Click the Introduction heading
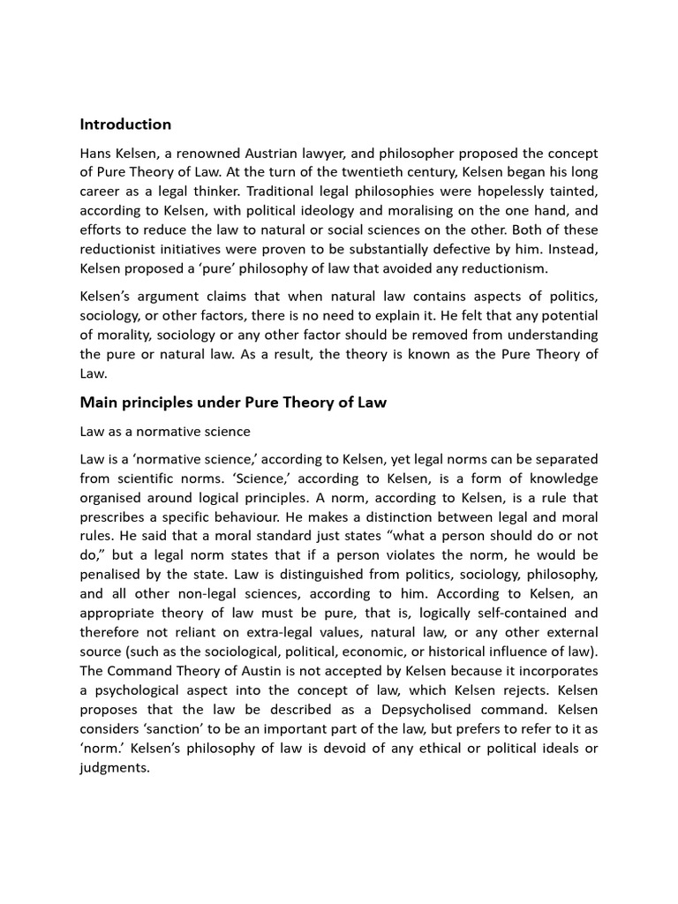(x=125, y=124)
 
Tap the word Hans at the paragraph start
(x=96, y=154)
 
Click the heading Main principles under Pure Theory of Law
(x=233, y=403)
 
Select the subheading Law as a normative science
(x=165, y=432)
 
